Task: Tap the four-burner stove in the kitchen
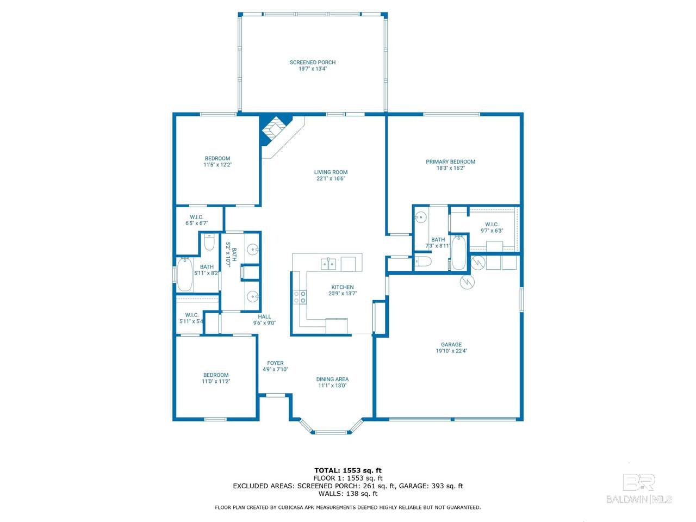300,297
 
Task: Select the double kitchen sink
328,264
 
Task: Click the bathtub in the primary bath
458,252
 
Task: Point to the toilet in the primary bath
422,262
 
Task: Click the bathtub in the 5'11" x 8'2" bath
184,275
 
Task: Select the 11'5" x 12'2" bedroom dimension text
217,165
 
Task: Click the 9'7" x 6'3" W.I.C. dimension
492,231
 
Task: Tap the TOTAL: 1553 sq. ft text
348,470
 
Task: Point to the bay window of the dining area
331,427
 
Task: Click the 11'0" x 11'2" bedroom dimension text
216,381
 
